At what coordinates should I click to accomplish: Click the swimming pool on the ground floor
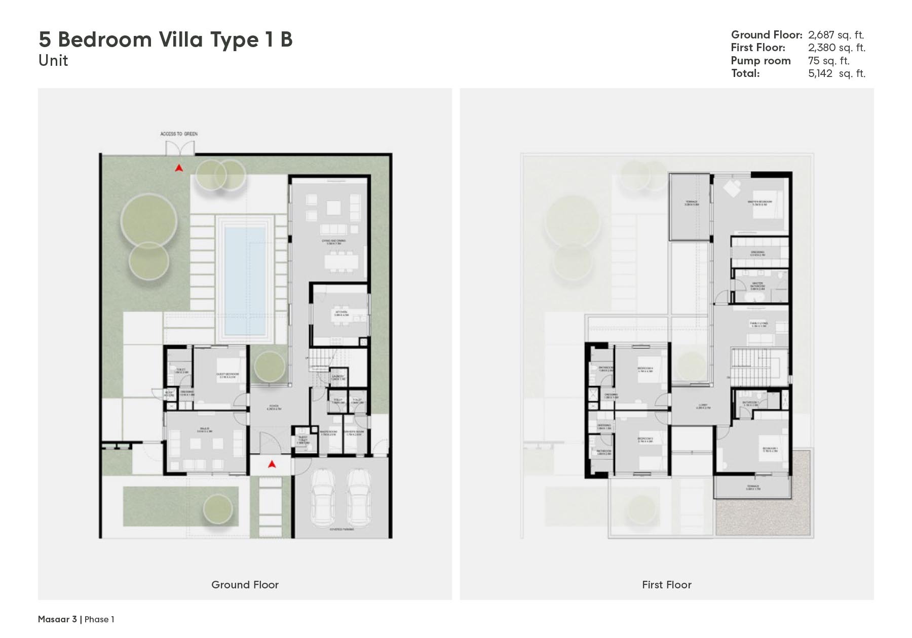tap(245, 281)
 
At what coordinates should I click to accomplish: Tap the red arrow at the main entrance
tap(272, 463)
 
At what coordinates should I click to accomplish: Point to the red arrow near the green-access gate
tap(179, 168)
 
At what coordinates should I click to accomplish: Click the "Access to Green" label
tap(179, 134)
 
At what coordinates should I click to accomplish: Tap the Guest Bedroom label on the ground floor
tap(227, 375)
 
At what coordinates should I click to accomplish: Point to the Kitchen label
tap(341, 313)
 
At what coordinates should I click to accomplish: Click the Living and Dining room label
tap(333, 242)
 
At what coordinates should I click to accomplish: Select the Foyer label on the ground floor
tap(275, 407)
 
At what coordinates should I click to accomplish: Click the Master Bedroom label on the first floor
tap(759, 203)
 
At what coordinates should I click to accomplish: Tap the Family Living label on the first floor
tap(759, 324)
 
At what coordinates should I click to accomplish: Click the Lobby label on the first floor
tap(703, 406)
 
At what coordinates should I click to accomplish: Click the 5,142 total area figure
tap(820, 73)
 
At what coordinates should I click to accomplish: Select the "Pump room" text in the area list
tap(761, 61)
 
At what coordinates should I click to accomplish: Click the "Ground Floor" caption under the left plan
tap(245, 585)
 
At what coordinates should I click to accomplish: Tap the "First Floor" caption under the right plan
tap(666, 585)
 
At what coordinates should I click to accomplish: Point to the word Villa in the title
tap(180, 39)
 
